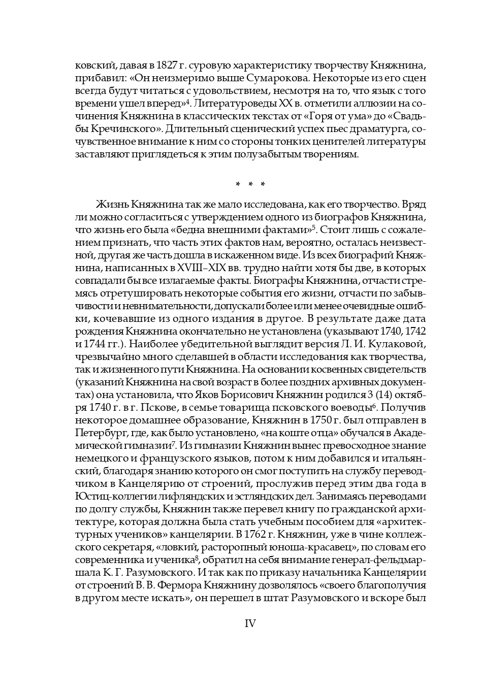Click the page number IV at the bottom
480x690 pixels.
pyautogui.click(x=250, y=623)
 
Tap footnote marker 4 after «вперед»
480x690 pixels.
pyautogui.click(x=187, y=102)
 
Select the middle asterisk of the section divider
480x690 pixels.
pyautogui.click(x=250, y=184)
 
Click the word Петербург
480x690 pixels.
pyautogui.click(x=98, y=433)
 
